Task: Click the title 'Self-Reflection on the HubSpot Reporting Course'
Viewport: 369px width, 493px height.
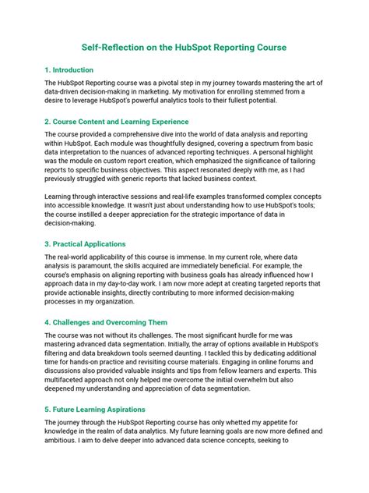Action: click(184, 48)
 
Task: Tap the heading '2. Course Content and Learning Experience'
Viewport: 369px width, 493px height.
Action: click(117, 122)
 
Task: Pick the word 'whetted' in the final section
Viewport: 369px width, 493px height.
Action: click(251, 422)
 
